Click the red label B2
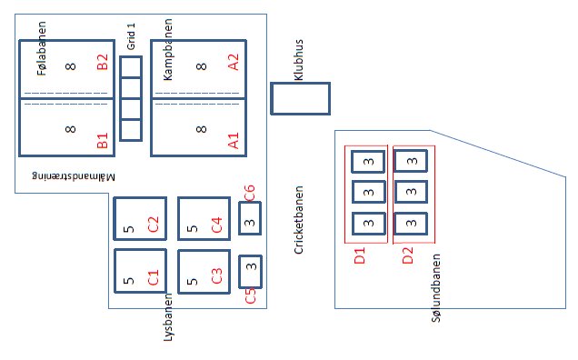point(102,62)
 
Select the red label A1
point(234,140)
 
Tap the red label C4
point(216,225)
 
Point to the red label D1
point(359,255)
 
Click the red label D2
point(408,255)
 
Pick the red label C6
point(249,193)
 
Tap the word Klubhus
point(299,60)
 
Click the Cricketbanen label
point(299,220)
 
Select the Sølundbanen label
point(435,287)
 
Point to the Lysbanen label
point(168,317)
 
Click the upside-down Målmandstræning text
point(74,176)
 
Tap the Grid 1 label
point(131,36)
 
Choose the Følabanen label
point(42,48)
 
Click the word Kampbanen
point(167,49)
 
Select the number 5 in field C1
point(128,281)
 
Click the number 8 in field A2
point(201,66)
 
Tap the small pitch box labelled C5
point(250,272)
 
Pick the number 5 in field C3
point(192,282)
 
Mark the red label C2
point(153,225)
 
